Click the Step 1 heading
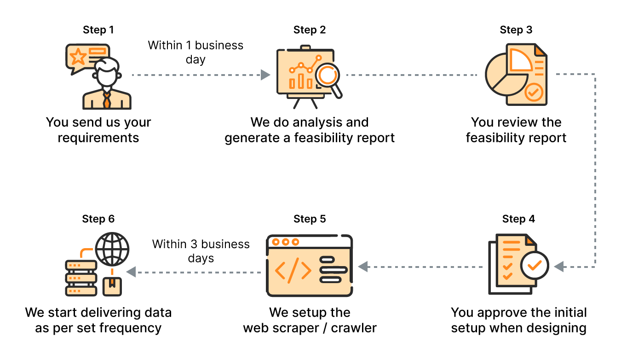(98, 30)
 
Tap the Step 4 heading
(518, 219)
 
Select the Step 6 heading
(98, 219)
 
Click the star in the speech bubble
(78, 57)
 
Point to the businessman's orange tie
(107, 99)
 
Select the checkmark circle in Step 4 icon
(534, 265)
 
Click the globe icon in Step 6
(112, 249)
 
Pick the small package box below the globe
(112, 286)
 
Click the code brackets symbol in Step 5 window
(293, 269)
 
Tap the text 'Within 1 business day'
(195, 52)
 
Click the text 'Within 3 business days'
(201, 251)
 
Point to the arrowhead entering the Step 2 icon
(265, 75)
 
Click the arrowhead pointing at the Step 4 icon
(559, 267)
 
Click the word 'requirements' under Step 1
(98, 138)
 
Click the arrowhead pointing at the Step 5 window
(363, 266)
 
